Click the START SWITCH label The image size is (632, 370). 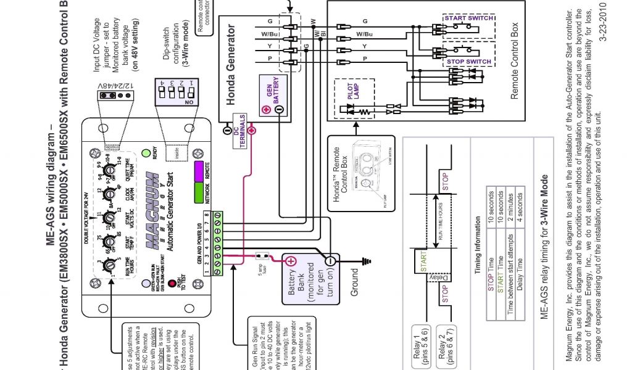468,18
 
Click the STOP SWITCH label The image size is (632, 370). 469,62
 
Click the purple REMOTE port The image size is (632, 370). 199,170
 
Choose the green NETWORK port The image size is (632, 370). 199,192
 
